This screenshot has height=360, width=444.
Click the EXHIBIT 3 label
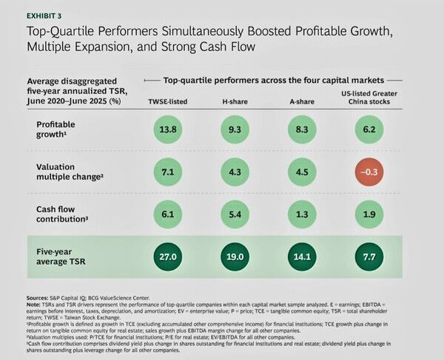pyautogui.click(x=44, y=13)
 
